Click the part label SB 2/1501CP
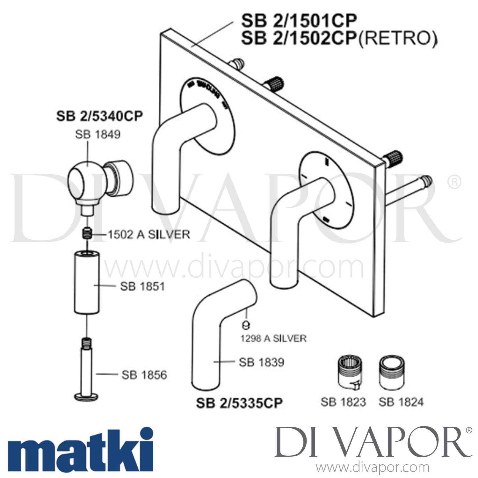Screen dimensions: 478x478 coord(299,21)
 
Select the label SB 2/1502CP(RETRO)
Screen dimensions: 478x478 coord(339,39)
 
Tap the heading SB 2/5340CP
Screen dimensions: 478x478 coord(99,116)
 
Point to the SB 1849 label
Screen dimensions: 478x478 coord(98,134)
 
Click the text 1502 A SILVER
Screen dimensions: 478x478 coord(149,235)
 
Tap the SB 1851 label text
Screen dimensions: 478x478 coord(142,286)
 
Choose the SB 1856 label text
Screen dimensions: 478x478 coord(144,375)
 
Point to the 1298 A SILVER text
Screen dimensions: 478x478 coord(273,338)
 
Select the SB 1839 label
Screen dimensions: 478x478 coord(261,362)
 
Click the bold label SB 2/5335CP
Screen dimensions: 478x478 coord(239,403)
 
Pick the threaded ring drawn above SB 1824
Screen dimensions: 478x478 coord(392,372)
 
